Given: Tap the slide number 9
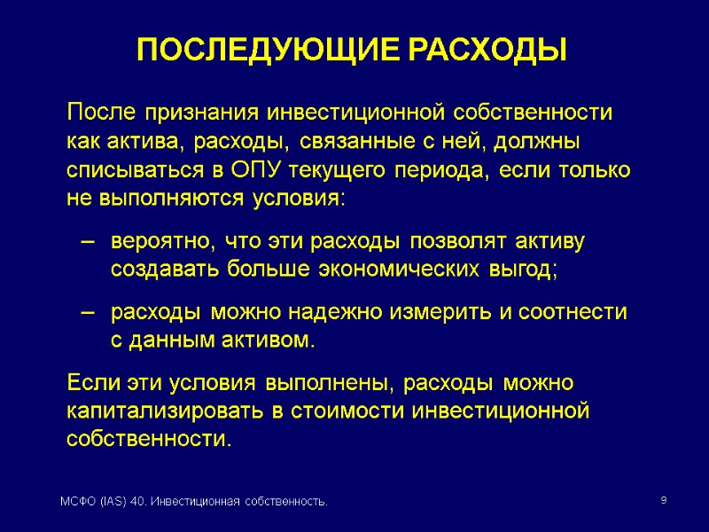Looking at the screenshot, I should click(x=664, y=502).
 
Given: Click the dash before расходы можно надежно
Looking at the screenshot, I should click(x=86, y=312).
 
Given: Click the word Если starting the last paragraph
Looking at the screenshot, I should click(x=91, y=383).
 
